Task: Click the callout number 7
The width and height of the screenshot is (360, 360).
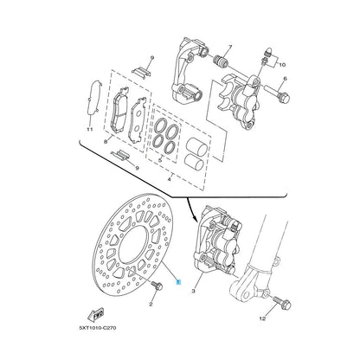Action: click(230, 48)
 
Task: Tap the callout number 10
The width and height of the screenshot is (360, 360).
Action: click(282, 65)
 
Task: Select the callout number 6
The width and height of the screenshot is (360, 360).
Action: click(285, 79)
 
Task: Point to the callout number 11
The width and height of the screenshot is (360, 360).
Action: click(90, 129)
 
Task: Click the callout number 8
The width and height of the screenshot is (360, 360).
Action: click(106, 142)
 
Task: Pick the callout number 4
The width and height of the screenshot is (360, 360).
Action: click(169, 179)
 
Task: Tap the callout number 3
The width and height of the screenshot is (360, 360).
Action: click(193, 292)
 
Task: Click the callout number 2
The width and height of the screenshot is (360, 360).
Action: click(151, 304)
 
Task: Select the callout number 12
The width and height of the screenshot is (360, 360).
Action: click(262, 318)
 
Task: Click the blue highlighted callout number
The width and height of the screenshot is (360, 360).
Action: click(179, 282)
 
